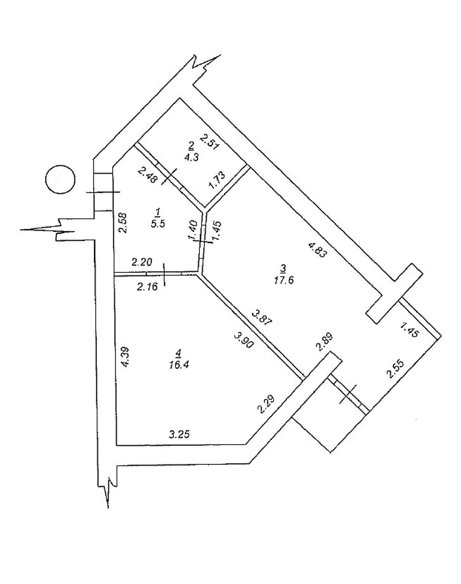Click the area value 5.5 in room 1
pyautogui.click(x=158, y=224)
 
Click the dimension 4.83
pyautogui.click(x=318, y=250)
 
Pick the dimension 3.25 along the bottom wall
pyautogui.click(x=179, y=435)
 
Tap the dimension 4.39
pyautogui.click(x=126, y=358)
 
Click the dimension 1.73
pyautogui.click(x=217, y=180)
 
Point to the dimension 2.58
pyautogui.click(x=123, y=223)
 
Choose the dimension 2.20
pyautogui.click(x=142, y=262)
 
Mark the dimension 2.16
pyautogui.click(x=148, y=287)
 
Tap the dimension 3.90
pyautogui.click(x=244, y=340)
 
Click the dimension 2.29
pyautogui.click(x=266, y=404)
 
